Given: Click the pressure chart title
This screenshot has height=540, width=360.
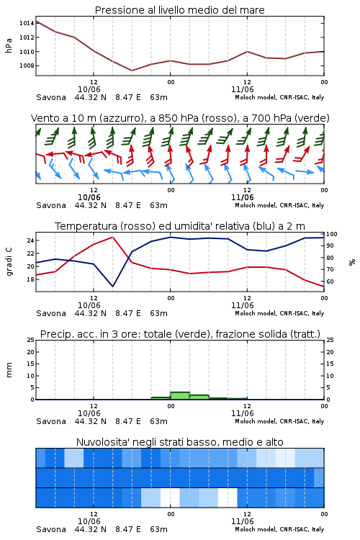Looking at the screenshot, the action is [x=180, y=10].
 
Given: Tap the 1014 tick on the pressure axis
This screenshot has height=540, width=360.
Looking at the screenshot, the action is [x=27, y=23].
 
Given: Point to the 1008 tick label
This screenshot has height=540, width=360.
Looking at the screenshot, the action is [x=27, y=66].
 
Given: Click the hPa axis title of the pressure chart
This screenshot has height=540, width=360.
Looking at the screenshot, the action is [x=9, y=45].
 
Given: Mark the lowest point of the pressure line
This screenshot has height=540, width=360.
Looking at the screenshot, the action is [x=132, y=71].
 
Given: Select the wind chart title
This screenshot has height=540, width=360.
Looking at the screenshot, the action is [x=180, y=118].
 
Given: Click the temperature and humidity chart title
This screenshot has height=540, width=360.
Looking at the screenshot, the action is [x=180, y=226].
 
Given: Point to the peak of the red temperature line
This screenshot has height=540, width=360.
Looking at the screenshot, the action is [x=112, y=237].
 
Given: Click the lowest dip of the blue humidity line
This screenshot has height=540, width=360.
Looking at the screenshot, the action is [x=112, y=287].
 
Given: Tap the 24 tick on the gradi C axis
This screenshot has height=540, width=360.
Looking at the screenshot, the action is [x=31, y=240].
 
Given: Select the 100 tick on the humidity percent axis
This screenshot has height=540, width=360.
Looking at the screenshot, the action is [x=332, y=234].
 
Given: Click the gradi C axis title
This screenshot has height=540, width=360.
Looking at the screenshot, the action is [x=9, y=262].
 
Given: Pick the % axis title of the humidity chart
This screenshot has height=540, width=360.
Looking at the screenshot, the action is [x=352, y=262].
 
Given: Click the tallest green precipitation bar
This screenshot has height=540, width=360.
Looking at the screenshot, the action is [x=180, y=395].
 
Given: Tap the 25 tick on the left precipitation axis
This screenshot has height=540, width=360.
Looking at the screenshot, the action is [x=31, y=340].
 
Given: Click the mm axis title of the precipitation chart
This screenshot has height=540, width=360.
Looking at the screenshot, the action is [x=9, y=370].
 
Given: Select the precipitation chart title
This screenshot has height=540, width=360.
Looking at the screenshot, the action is [x=180, y=334].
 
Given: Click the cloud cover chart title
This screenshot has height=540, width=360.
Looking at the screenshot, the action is [x=180, y=442].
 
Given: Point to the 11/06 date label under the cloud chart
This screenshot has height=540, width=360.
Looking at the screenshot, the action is [x=243, y=521].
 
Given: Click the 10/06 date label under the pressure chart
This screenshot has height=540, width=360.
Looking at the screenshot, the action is [x=89, y=89].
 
